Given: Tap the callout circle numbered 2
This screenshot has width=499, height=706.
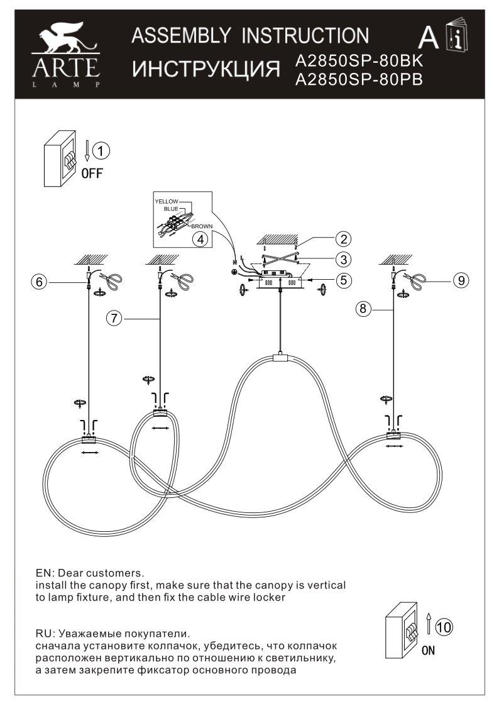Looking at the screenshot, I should tap(343, 239).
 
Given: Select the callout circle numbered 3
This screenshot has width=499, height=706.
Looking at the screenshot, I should tap(343, 258).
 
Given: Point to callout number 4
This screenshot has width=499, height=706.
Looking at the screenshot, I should tap(199, 239).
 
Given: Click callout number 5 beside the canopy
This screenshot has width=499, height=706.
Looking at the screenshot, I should tap(343, 280).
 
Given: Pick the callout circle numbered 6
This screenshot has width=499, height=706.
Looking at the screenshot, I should tap(39, 282).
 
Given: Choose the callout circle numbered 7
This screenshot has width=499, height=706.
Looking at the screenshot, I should tap(114, 319).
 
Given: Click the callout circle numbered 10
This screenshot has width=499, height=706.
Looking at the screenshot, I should tap(444, 627).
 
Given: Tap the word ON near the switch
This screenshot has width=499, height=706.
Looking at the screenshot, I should tap(428, 651).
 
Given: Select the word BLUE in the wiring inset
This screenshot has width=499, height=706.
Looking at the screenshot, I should tap(172, 209).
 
